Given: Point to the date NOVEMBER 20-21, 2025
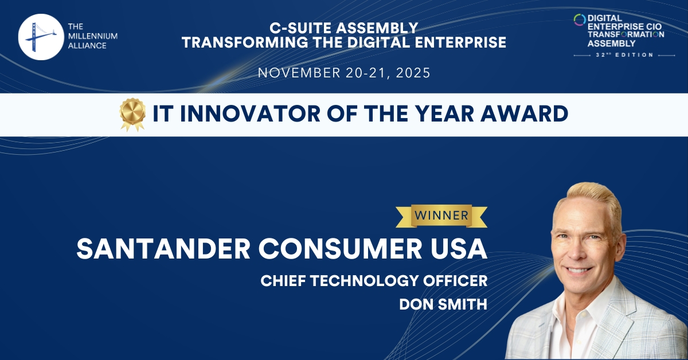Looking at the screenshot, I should [x=343, y=73].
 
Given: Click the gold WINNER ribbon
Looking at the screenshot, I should [x=441, y=216].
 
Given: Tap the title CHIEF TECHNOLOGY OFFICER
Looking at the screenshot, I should [x=374, y=281].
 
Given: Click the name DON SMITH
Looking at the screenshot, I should [x=443, y=304].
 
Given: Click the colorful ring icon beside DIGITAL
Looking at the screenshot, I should [x=580, y=19].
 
